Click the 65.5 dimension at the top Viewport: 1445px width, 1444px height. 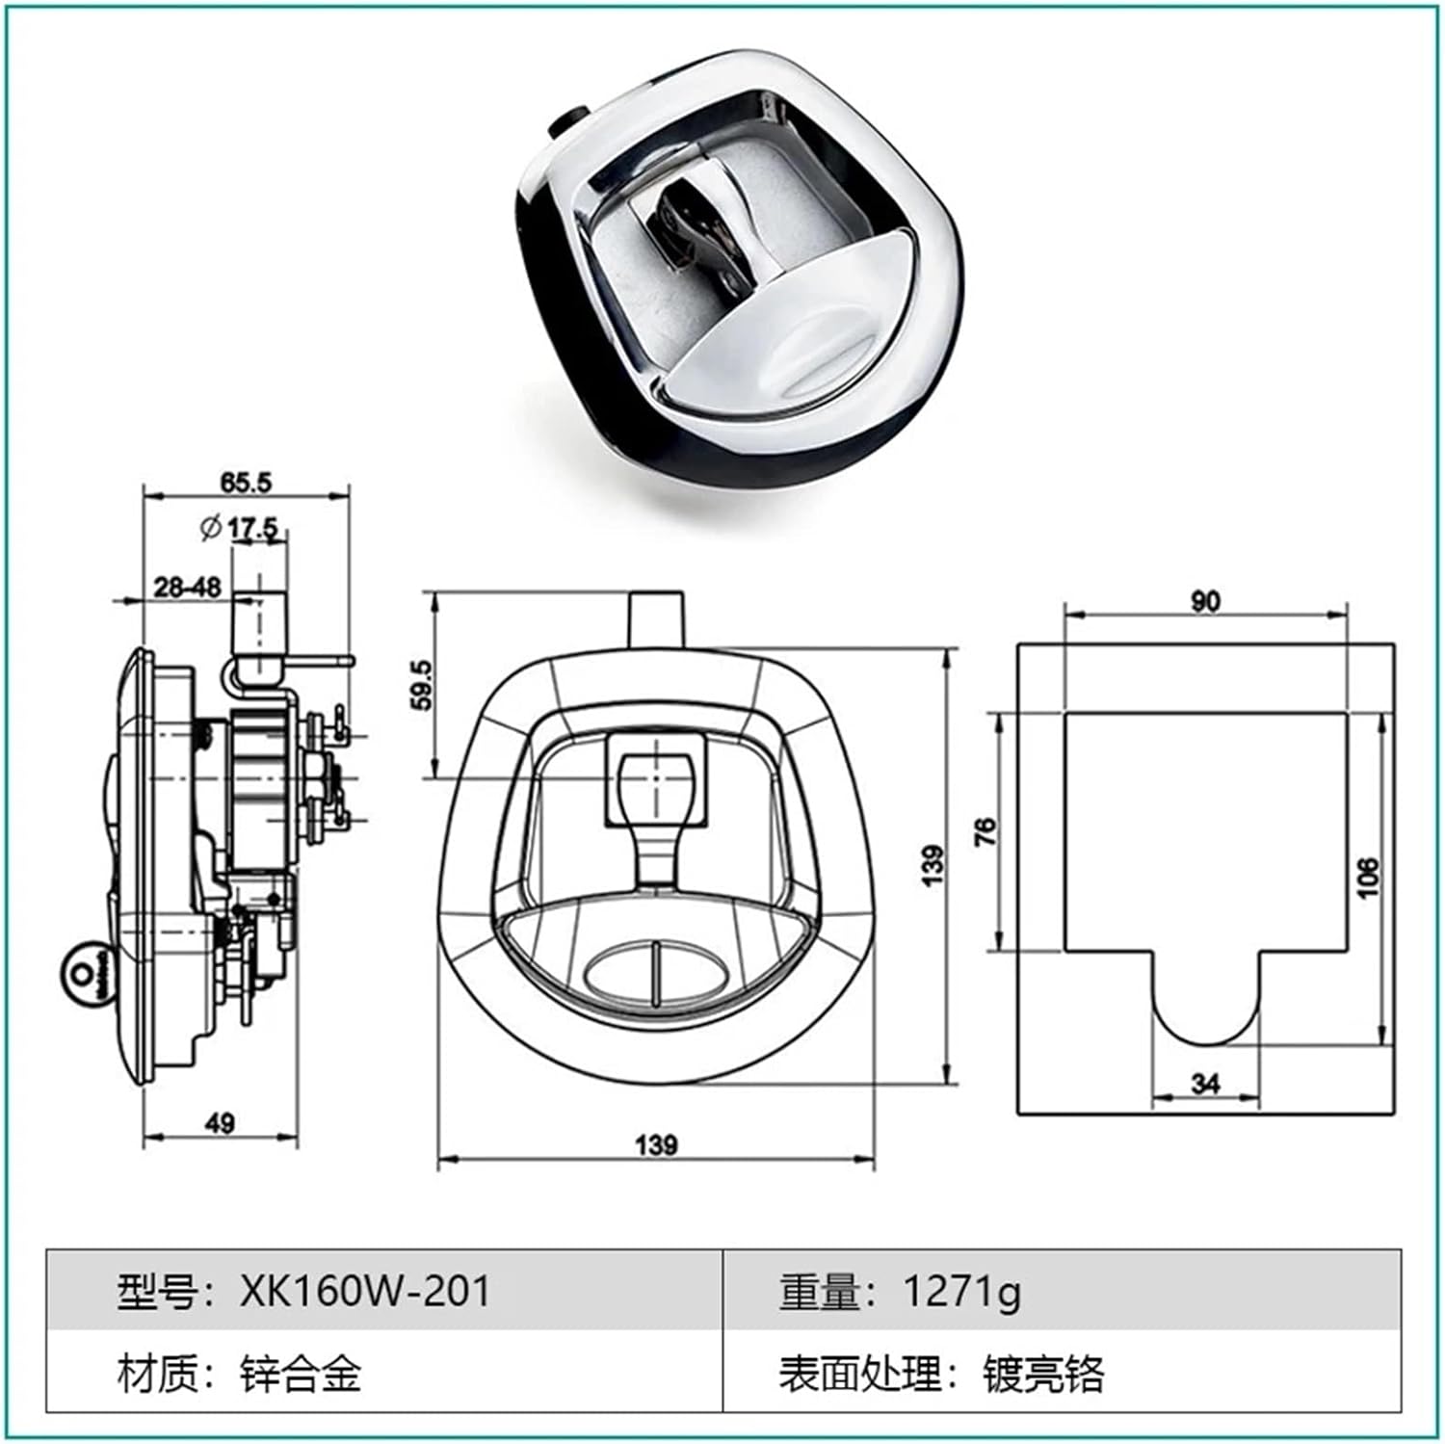pos(246,483)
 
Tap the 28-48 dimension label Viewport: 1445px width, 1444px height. pos(187,587)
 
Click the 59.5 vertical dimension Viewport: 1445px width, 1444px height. pos(421,685)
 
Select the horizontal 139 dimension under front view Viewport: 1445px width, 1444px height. pos(656,1145)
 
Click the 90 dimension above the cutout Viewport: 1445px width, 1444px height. pos(1204,601)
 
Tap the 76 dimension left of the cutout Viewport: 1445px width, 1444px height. pos(986,831)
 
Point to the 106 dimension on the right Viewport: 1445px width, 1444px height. pos(1368,878)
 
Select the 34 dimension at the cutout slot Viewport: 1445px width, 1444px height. pos(1205,1084)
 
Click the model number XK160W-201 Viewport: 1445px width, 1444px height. pos(365,1291)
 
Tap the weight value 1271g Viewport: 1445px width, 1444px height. pos(961,1291)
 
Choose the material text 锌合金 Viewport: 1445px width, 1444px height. pos(301,1373)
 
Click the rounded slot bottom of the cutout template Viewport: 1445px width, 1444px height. pos(1205,1021)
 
